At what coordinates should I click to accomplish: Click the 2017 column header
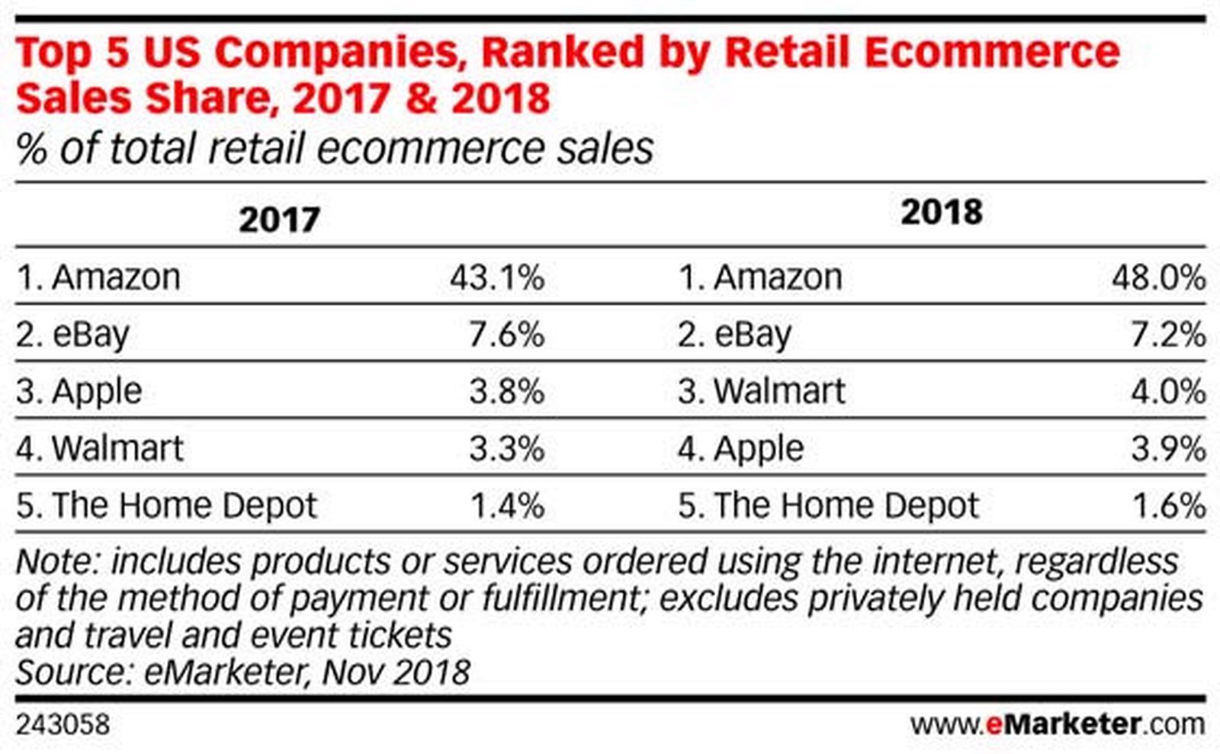pos(279,220)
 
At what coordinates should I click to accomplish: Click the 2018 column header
pos(941,212)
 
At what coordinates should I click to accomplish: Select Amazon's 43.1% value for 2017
pos(497,278)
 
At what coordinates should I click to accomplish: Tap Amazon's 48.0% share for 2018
pos(1158,278)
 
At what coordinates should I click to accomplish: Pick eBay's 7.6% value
pos(507,335)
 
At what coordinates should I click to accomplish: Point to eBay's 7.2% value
pos(1168,335)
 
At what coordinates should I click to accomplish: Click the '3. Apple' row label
pos(79,392)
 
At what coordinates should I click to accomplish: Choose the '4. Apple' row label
pos(740,449)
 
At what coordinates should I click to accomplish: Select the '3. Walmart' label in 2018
pos(762,392)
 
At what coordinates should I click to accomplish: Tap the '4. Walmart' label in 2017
pos(100,449)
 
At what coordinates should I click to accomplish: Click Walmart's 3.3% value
pos(507,449)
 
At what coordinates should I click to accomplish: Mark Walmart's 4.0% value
pos(1168,392)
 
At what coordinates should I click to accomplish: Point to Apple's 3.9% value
pos(1168,449)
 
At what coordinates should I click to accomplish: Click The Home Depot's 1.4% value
pos(507,506)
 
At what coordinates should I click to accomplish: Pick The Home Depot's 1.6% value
pos(1168,506)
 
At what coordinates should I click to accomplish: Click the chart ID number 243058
pos(63,724)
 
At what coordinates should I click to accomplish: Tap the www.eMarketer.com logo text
pos(1057,724)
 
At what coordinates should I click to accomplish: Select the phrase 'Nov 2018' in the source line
pos(396,672)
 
